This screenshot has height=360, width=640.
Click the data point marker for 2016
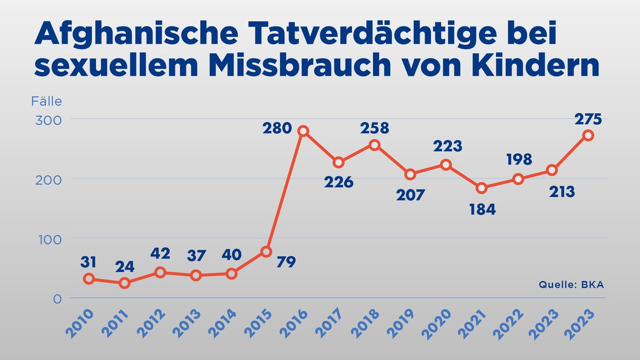pos(303,131)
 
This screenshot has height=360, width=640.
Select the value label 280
pos(277,128)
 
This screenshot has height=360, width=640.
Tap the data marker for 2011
pos(124,283)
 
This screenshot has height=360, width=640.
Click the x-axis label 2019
pos(404,322)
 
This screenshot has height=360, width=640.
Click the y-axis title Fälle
pos(46,101)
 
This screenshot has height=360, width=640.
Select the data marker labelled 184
pos(482,188)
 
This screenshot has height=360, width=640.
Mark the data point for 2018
pos(374,145)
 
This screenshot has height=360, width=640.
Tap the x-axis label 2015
pos(261,322)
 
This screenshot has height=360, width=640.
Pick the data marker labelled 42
pos(160,273)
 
